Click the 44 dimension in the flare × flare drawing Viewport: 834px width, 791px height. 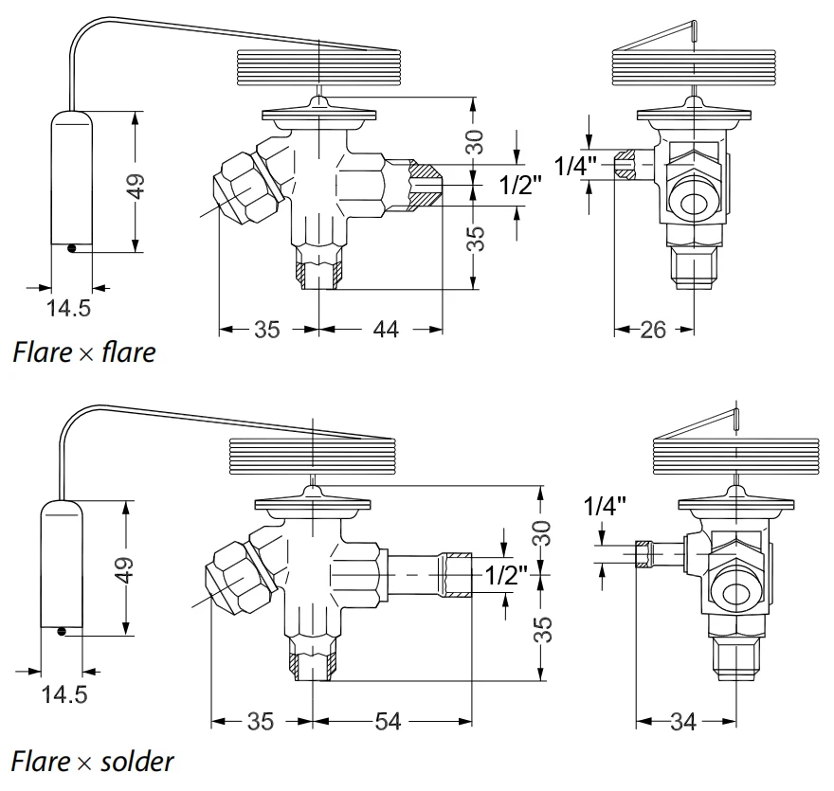click(385, 329)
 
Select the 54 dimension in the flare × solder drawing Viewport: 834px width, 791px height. click(388, 722)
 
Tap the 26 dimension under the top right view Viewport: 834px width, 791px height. click(653, 329)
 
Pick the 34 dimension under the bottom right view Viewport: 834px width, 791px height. click(682, 722)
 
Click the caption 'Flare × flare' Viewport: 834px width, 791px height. click(83, 353)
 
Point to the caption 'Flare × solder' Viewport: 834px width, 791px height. click(93, 761)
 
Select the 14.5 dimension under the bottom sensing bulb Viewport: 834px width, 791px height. click(63, 694)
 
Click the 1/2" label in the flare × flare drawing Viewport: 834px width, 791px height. click(520, 186)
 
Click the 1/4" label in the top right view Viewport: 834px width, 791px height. click(576, 167)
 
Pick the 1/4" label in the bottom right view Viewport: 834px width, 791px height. click(606, 506)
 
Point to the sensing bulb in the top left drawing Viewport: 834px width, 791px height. click(71, 181)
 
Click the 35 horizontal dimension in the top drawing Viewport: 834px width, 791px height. click(266, 329)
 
